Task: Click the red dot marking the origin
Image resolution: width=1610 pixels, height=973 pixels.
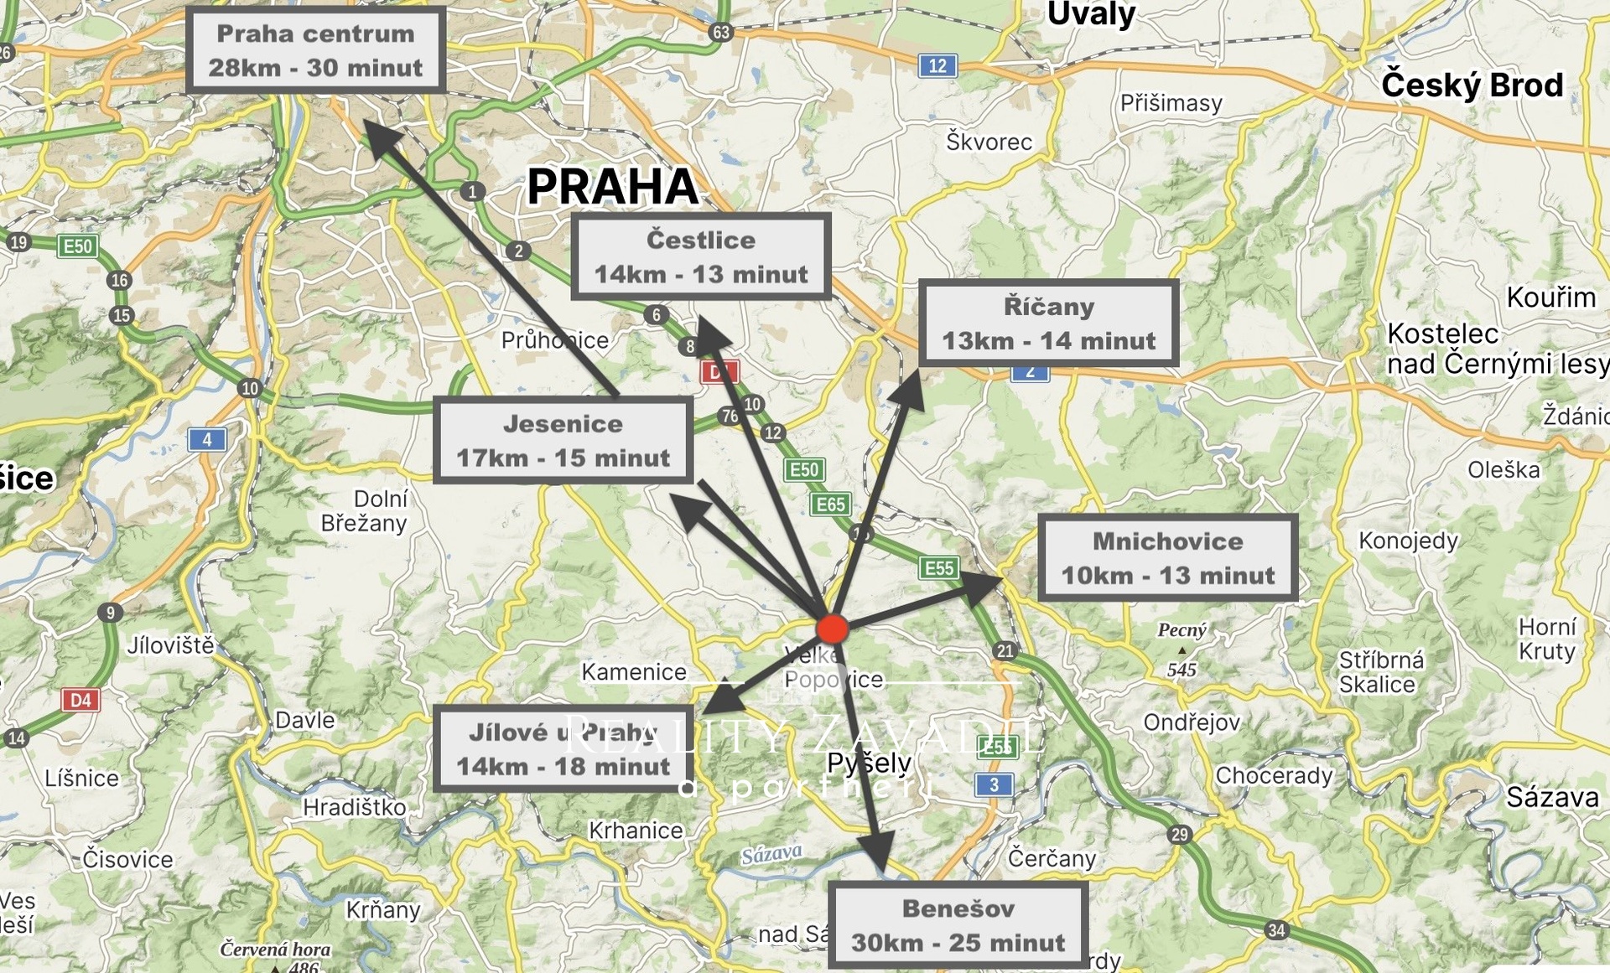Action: (833, 629)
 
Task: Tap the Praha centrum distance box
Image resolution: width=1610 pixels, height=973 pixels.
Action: (315, 50)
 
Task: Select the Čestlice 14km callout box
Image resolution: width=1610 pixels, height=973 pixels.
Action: (701, 256)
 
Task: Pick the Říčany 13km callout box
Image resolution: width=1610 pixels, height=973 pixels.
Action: (1048, 323)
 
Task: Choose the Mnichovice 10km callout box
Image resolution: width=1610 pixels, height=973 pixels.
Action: (1167, 557)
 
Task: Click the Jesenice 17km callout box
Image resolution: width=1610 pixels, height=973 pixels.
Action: (563, 440)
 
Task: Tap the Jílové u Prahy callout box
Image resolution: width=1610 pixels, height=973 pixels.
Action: (563, 748)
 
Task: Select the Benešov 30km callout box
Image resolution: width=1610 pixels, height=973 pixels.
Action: (958, 924)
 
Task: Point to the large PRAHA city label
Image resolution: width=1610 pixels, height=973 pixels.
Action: (612, 186)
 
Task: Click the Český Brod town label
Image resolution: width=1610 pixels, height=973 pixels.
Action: (1472, 85)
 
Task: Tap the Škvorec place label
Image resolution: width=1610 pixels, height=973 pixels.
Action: (989, 142)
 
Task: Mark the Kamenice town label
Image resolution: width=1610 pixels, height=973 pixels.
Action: (634, 672)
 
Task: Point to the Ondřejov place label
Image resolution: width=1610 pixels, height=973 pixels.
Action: (1192, 722)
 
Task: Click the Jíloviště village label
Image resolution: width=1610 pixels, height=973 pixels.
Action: (171, 645)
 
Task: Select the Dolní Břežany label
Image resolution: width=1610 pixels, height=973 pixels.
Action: (365, 511)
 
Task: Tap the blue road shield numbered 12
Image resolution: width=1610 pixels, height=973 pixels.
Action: (937, 65)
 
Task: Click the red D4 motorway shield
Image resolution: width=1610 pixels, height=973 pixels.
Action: (80, 700)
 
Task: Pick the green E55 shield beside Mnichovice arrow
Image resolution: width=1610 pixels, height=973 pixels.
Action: (939, 568)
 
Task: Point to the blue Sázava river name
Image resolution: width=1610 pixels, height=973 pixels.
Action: (771, 854)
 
